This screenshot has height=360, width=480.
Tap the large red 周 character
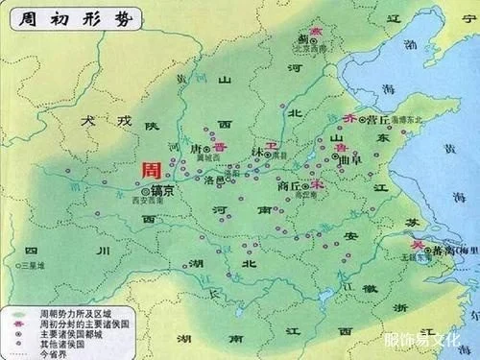(152, 170)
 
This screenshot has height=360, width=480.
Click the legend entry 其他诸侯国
(59, 342)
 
